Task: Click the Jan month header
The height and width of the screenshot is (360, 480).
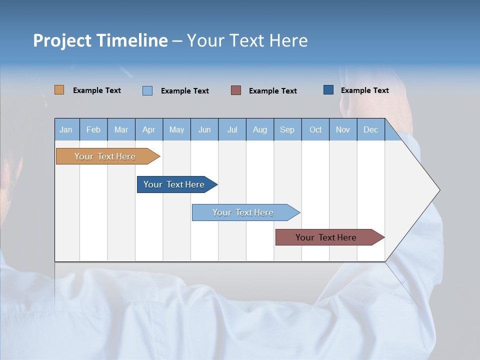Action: tap(66, 129)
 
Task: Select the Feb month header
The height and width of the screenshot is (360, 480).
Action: tap(93, 129)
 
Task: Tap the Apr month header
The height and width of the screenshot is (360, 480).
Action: tap(149, 129)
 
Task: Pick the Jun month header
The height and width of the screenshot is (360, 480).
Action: tap(204, 129)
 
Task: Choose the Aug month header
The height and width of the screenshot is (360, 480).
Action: tap(260, 129)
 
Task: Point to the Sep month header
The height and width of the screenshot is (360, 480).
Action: tap(287, 129)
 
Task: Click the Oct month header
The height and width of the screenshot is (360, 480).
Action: tap(315, 129)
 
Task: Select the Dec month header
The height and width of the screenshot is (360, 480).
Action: tap(371, 129)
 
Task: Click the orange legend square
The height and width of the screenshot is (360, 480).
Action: tap(59, 90)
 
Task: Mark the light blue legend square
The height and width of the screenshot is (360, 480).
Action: tap(147, 90)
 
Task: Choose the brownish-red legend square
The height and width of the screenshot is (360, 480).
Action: tap(236, 90)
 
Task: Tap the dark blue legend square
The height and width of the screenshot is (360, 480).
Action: tap(328, 90)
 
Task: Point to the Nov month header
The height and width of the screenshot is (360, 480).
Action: tap(343, 129)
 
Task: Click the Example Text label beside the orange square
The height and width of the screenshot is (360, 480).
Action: tap(97, 90)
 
